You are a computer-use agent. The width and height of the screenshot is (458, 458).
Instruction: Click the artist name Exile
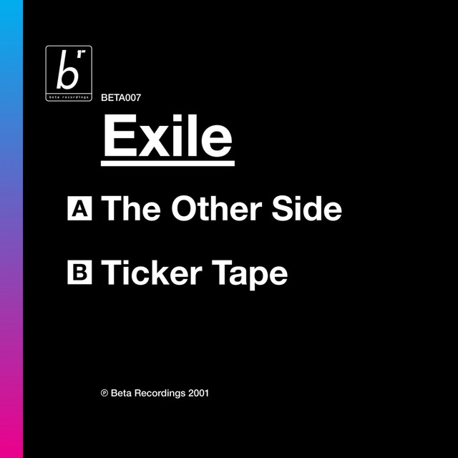click(168, 135)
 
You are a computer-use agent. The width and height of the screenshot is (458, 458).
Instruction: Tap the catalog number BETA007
click(121, 97)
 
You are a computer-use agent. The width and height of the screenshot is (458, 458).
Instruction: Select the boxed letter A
click(79, 208)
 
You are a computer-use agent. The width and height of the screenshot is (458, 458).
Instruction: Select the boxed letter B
click(79, 272)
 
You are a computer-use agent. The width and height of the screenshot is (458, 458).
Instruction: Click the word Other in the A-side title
click(216, 208)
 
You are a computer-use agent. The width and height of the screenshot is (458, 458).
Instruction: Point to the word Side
click(307, 208)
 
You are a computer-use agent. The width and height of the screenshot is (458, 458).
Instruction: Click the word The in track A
click(131, 208)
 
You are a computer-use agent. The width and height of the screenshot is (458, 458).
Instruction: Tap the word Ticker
click(152, 273)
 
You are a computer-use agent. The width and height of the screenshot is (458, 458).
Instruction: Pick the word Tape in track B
click(250, 275)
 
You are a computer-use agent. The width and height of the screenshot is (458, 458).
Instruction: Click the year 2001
click(199, 393)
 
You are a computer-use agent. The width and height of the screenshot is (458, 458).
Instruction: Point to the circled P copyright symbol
click(104, 393)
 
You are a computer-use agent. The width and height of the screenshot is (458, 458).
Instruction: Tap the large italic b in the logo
click(68, 69)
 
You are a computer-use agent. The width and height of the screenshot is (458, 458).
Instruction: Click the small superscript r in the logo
click(83, 53)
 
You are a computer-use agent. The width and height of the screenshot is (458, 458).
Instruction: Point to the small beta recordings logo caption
click(69, 97)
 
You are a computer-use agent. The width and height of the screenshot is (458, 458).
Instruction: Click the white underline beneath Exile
click(167, 163)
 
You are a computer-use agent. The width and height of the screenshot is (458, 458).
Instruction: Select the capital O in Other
click(185, 208)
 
